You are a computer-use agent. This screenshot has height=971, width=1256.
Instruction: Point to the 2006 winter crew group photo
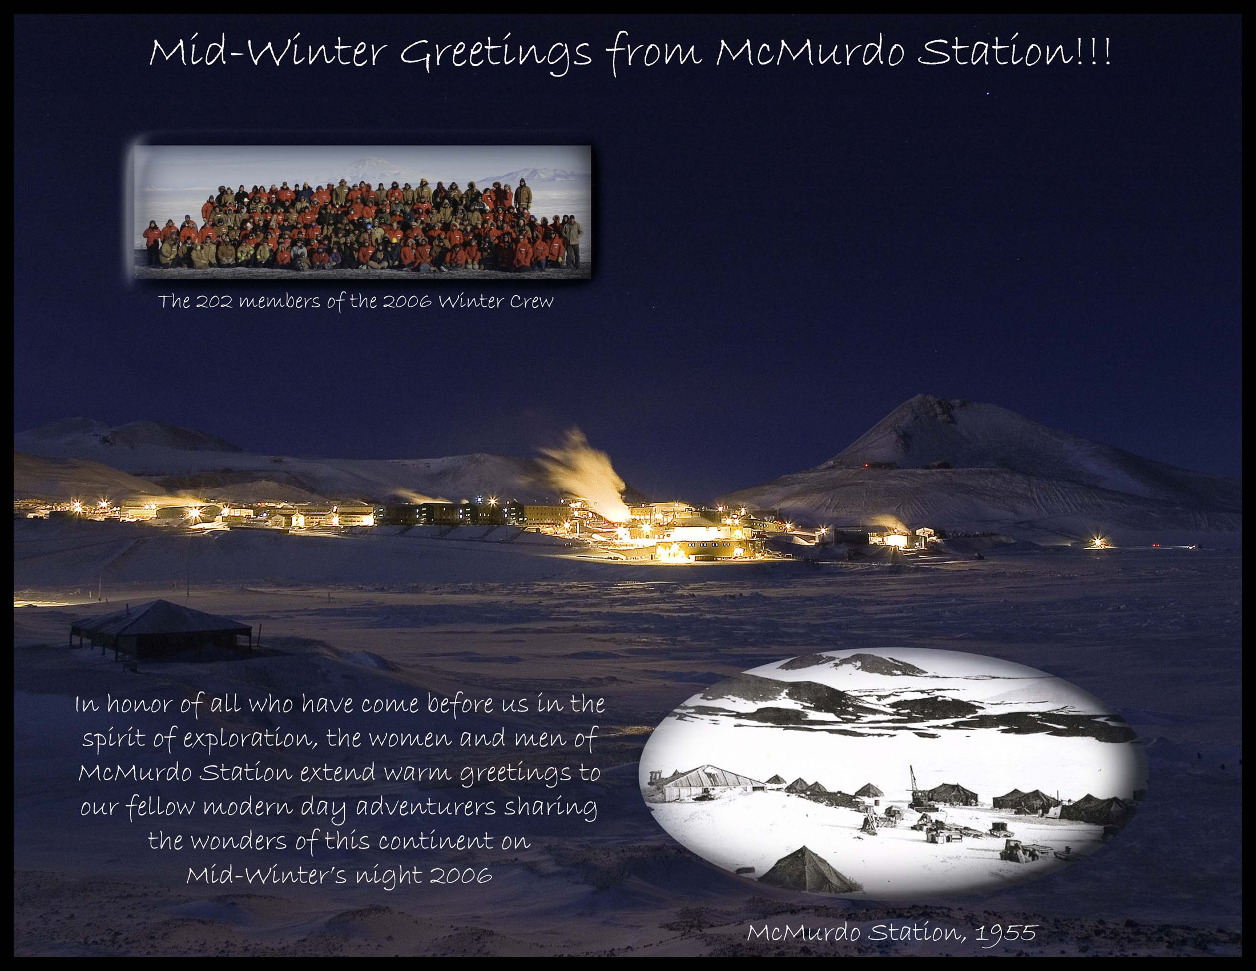363,212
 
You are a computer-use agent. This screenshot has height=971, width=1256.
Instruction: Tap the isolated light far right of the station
1098,543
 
